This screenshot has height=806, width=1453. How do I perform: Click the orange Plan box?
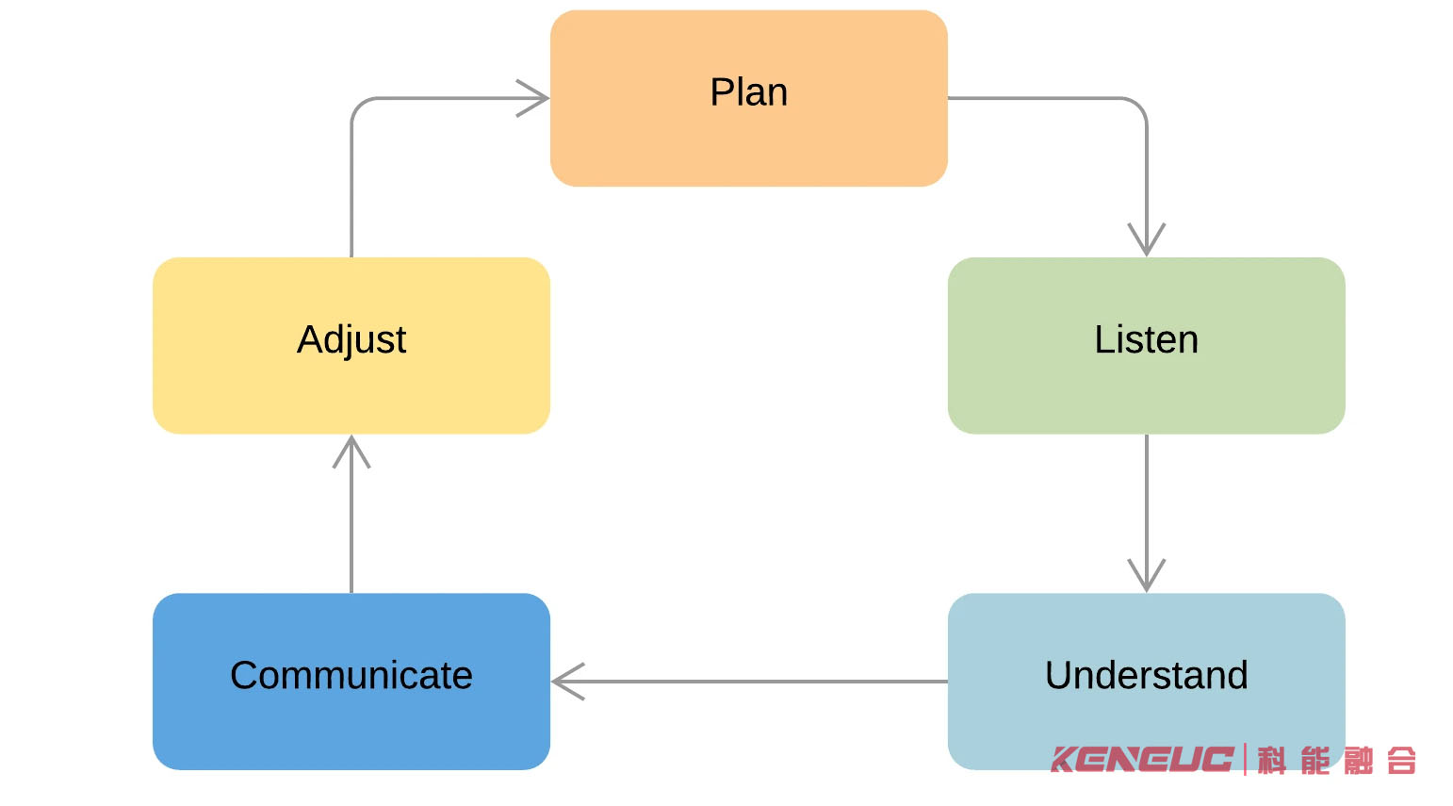748,98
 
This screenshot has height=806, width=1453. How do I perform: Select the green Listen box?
1146,345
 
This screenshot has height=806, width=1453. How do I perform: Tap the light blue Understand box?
1146,682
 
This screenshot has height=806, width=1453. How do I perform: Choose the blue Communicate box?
351,682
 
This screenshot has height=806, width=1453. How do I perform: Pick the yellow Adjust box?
351,345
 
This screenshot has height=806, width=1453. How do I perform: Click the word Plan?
748,92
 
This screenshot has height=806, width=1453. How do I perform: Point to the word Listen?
1146,339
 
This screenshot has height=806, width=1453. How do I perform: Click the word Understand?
1146,675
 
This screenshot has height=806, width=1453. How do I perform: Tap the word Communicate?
351,675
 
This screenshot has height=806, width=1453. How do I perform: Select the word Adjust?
351,340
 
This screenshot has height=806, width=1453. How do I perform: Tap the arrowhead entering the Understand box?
1146,576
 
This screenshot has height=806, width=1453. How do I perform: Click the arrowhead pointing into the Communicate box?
568,682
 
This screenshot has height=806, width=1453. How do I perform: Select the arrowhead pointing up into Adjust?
351,452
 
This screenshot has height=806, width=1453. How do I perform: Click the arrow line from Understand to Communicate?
749,682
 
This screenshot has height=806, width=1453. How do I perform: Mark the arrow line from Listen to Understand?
1146,514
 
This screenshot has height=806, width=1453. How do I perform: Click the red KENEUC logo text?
1142,760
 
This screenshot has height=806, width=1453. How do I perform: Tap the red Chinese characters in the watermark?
1336,760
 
